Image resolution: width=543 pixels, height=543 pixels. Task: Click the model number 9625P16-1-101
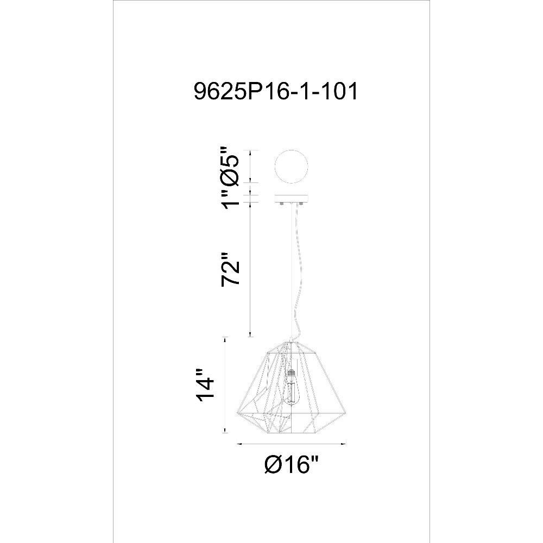276,92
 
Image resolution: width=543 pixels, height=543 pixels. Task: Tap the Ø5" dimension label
230,166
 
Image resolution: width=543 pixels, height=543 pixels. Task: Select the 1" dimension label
230,199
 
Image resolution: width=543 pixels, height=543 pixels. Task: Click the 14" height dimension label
204,386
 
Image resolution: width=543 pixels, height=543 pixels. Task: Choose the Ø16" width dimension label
291,464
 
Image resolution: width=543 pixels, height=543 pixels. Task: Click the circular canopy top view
291,167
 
